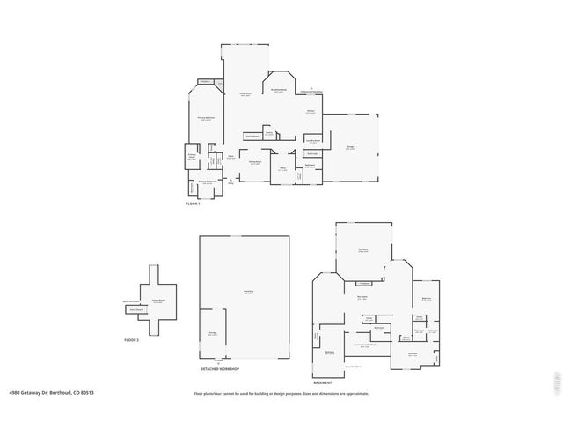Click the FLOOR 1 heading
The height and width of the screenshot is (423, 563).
(194, 204)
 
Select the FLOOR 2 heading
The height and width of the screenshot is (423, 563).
(132, 339)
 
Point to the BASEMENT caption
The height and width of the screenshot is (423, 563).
(323, 383)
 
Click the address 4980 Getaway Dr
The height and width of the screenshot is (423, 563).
(52, 393)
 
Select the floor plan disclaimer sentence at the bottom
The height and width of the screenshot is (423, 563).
(281, 393)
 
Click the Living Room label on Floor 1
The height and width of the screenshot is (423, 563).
(246, 94)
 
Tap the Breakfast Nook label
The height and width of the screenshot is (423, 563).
(278, 91)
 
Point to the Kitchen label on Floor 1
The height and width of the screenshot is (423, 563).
(311, 112)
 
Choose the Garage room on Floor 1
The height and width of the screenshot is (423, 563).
(350, 148)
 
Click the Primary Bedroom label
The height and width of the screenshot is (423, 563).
(206, 118)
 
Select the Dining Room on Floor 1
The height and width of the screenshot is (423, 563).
(254, 163)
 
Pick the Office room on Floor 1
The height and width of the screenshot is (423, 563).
(283, 169)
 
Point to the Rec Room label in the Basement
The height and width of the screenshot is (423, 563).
(362, 297)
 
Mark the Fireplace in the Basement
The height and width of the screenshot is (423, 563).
(362, 284)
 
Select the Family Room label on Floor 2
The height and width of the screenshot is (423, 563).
(159, 301)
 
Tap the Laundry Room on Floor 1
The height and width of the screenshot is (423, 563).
(312, 140)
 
